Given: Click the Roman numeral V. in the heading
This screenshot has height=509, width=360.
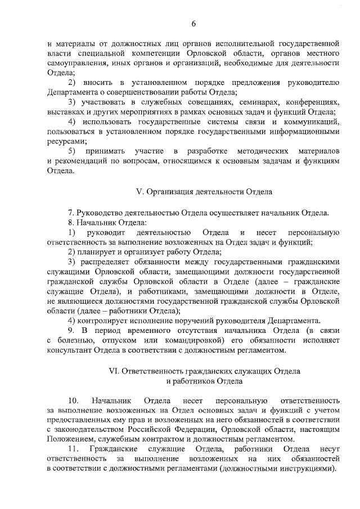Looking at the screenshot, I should (x=141, y=192).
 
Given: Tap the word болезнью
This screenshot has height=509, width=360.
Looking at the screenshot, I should (x=77, y=341).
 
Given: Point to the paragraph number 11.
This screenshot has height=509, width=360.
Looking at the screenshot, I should (x=73, y=449).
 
